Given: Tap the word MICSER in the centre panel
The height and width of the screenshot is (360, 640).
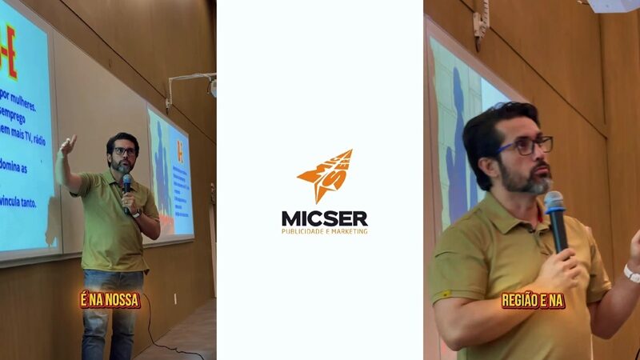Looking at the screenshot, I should [x=324, y=218].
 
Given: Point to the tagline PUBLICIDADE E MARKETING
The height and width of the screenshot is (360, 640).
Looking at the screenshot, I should [x=324, y=231].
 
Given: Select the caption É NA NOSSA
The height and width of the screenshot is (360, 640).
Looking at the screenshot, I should [x=110, y=300].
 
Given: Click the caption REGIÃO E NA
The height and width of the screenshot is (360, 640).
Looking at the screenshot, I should [x=533, y=301].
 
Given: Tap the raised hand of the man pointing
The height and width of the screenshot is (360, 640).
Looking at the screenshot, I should [x=69, y=145].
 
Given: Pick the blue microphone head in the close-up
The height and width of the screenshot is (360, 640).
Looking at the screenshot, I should [x=554, y=200].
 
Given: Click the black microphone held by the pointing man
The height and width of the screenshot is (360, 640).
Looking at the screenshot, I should [x=126, y=183].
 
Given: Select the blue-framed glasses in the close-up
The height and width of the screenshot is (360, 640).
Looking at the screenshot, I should [x=524, y=146].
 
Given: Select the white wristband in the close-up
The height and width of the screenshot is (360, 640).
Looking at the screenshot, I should [x=632, y=274].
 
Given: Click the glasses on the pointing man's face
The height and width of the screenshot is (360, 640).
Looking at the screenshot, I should [x=124, y=151].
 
